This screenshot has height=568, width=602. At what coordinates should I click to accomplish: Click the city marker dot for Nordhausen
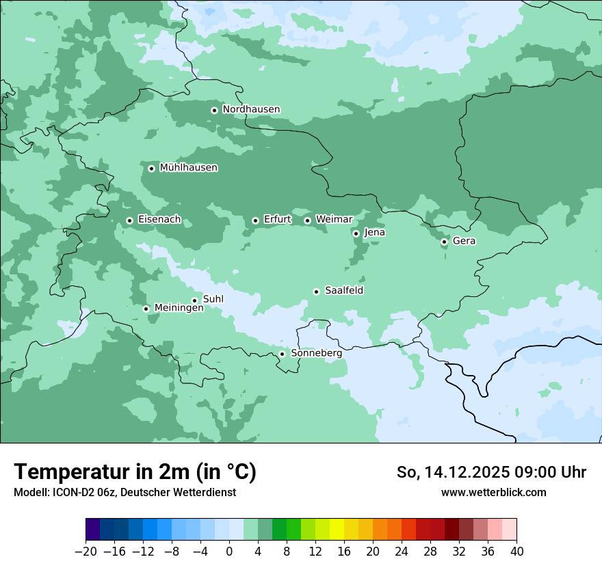pyautogui.click(x=214, y=110)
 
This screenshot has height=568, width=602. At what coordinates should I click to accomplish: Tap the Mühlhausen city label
pyautogui.click(x=188, y=168)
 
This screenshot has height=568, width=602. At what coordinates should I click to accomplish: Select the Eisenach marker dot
pyautogui.click(x=129, y=220)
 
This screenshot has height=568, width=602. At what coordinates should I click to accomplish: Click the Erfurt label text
pyautogui.click(x=277, y=220)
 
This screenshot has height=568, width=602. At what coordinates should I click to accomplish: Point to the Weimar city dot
pyautogui.click(x=307, y=220)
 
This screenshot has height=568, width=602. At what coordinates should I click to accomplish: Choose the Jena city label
pyautogui.click(x=374, y=233)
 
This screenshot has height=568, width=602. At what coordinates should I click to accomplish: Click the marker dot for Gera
pyautogui.click(x=444, y=242)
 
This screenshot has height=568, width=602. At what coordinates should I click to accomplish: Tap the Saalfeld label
pyautogui.click(x=343, y=291)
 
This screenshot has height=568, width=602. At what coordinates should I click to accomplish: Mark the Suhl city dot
pyautogui.click(x=194, y=300)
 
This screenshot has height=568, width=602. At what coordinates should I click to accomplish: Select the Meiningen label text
pyautogui.click(x=179, y=309)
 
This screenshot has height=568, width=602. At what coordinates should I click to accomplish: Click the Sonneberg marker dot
pyautogui.click(x=282, y=354)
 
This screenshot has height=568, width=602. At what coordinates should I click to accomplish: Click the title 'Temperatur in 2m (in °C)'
pyautogui.click(x=135, y=472)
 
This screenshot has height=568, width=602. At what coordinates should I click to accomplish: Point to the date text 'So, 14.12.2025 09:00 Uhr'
pyautogui.click(x=491, y=472)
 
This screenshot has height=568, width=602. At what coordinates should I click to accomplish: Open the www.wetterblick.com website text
pyautogui.click(x=493, y=492)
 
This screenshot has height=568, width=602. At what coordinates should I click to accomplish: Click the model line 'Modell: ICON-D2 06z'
pyautogui.click(x=125, y=492)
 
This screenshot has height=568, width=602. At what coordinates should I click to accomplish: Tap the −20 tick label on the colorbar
pyautogui.click(x=86, y=552)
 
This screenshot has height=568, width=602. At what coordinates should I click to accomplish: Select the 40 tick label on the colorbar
pyautogui.click(x=516, y=552)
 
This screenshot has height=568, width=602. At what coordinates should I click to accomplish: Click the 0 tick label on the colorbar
pyautogui.click(x=229, y=552)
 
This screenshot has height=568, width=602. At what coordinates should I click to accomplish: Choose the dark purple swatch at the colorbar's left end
pyautogui.click(x=92, y=530)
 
